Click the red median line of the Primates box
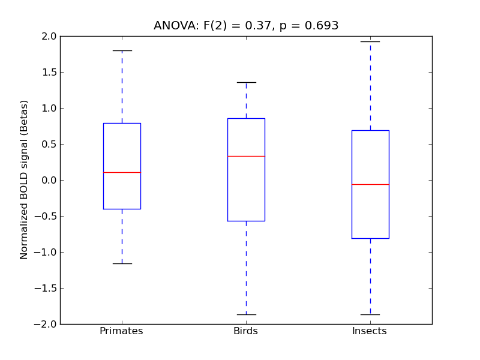122,172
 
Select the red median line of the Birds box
246,156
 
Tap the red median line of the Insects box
370,184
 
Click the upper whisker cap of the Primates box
122,50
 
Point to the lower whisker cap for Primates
122,263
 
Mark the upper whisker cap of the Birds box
246,82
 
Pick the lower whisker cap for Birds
246,314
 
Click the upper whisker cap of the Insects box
370,41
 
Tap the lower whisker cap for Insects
370,314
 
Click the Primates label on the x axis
121,331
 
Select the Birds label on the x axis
246,331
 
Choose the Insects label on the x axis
370,331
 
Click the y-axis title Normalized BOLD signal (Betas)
24,180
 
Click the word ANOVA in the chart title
173,26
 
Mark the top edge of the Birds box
246,118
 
